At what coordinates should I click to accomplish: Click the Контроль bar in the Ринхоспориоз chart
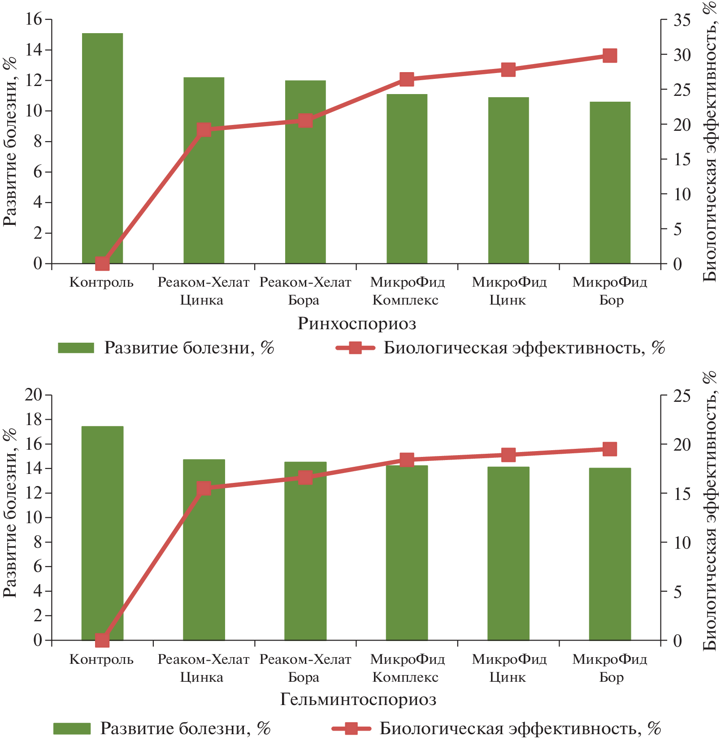[x=102, y=148]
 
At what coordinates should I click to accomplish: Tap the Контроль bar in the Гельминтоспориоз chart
[x=102, y=533]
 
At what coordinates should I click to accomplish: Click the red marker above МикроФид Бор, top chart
[x=610, y=56]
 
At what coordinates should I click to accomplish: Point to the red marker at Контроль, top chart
[x=103, y=264]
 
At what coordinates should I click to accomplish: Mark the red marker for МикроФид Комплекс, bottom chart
[x=407, y=460]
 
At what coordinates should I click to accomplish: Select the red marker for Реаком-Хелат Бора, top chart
[x=306, y=120]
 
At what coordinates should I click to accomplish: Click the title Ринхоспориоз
[x=357, y=323]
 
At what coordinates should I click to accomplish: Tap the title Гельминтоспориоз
[x=358, y=699]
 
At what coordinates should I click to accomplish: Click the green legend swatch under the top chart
[x=76, y=348]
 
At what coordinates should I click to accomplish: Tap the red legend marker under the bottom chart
[x=351, y=729]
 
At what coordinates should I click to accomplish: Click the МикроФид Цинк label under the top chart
[x=508, y=291]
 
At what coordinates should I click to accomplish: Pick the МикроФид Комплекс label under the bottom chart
[x=407, y=668]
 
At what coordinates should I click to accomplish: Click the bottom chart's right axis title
[x=709, y=511]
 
